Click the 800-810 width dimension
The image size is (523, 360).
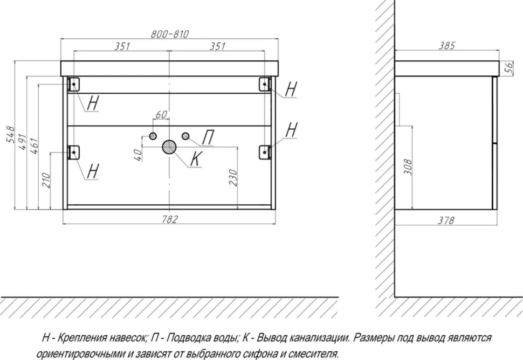pyautogui.click(x=170, y=34)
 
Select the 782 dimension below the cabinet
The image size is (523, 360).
pyautogui.click(x=170, y=219)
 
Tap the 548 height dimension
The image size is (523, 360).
pyautogui.click(x=10, y=134)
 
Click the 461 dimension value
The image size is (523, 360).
pyautogui.click(x=34, y=146)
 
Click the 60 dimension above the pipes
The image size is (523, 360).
pyautogui.click(x=161, y=114)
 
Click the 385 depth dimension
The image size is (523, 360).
pyautogui.click(x=446, y=46)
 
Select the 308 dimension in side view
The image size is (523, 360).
pyautogui.click(x=408, y=167)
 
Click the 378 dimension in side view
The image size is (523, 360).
pyautogui.click(x=446, y=220)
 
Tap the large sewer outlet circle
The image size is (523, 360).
pyautogui.click(x=169, y=147)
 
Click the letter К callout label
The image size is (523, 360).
pyautogui.click(x=196, y=158)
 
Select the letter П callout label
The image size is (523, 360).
pyautogui.click(x=208, y=137)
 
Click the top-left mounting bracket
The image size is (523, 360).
pyautogui.click(x=73, y=84)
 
